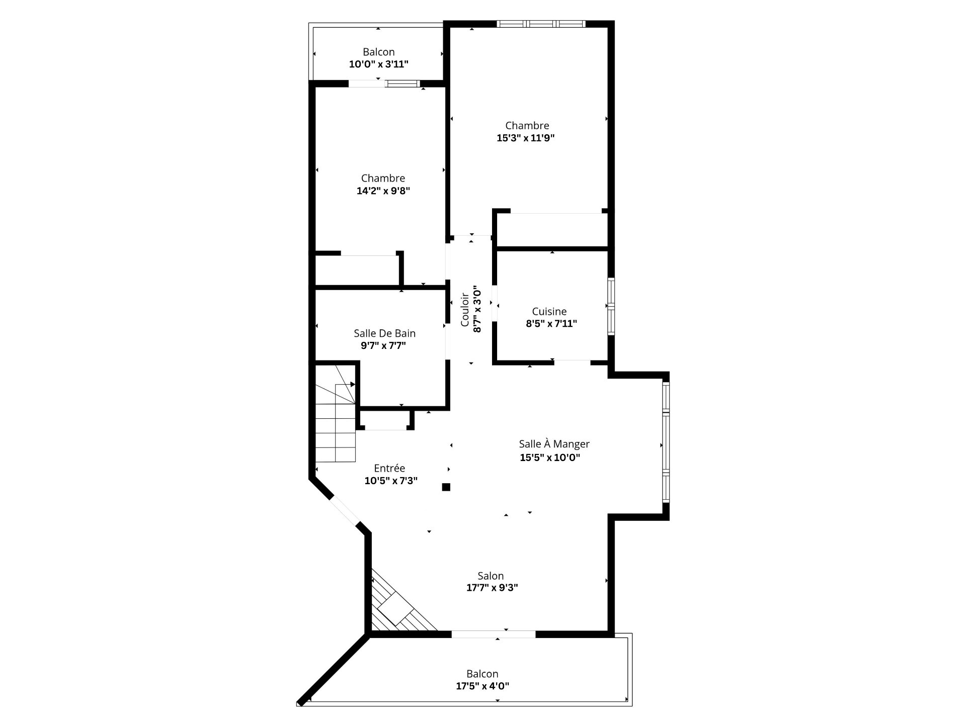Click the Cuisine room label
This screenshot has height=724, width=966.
(549, 312)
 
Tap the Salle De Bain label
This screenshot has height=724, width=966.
(384, 333)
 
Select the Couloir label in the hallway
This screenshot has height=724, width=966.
(465, 310)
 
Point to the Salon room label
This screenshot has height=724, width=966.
(491, 576)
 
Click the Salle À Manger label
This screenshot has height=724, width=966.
(554, 444)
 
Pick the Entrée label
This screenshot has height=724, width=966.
(389, 468)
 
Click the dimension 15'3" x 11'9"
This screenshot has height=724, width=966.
(525, 138)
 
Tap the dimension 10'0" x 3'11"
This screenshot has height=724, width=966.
(378, 64)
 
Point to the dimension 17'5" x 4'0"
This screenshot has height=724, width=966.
(482, 686)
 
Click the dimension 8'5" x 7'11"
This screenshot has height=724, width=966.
(551, 324)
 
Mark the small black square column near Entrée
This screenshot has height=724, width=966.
(446, 487)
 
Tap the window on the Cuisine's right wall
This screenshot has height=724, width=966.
(611, 306)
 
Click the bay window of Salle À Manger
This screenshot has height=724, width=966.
(666, 442)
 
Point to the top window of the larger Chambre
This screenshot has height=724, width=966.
(541, 24)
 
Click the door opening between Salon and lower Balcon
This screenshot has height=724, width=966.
(494, 635)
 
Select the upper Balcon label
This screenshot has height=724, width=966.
(378, 52)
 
